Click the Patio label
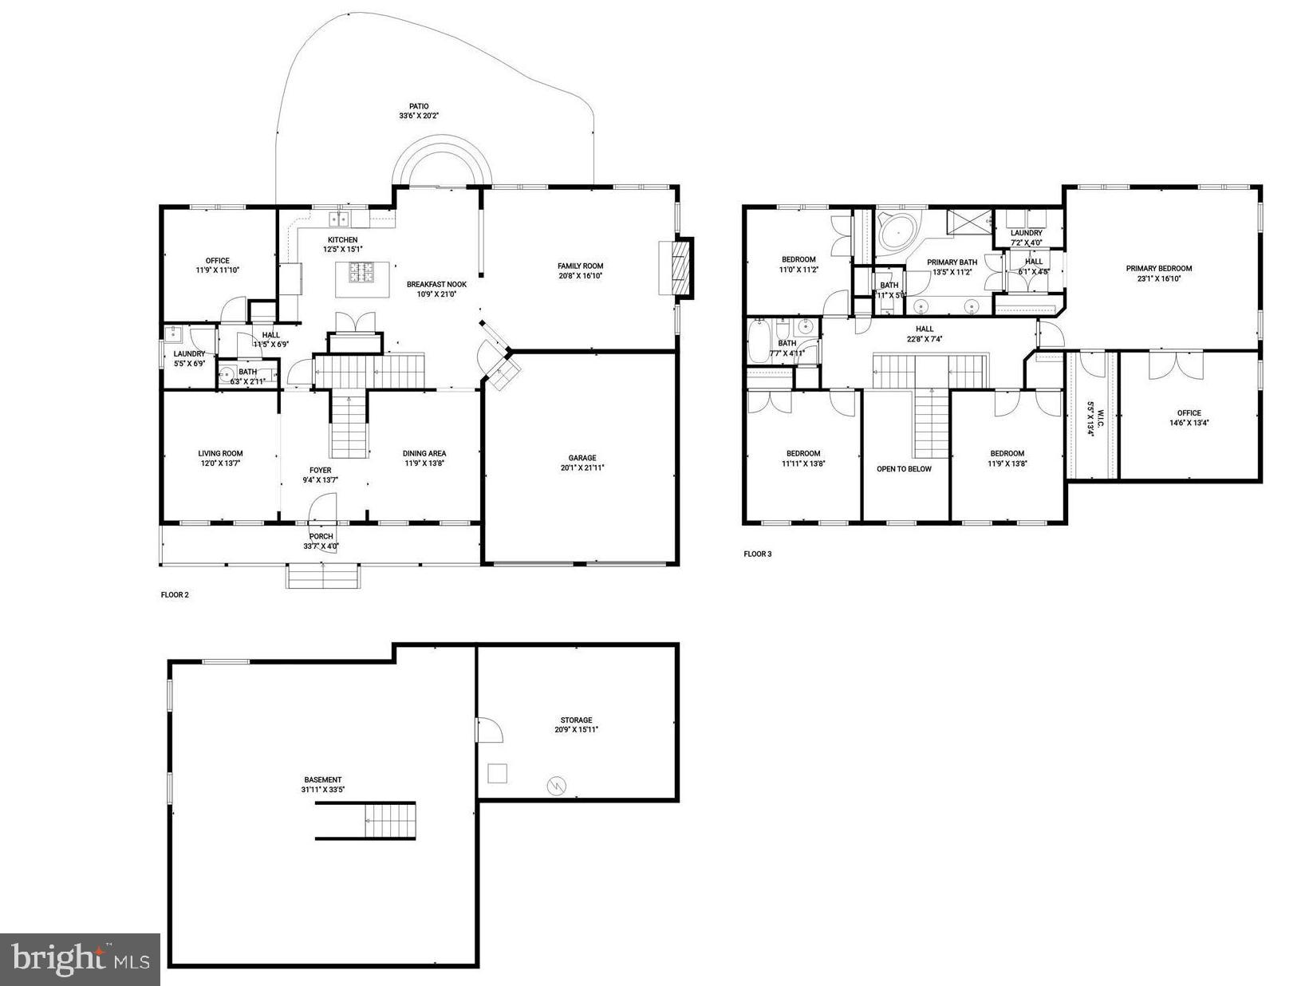[x=419, y=106]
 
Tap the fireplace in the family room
[x=679, y=268]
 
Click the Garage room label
[x=582, y=458]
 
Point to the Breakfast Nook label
[x=436, y=284]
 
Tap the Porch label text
[x=321, y=536]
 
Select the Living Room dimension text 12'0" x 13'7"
[x=220, y=463]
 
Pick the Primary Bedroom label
[x=1158, y=269]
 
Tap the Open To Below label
[x=904, y=469]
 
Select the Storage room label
[x=576, y=720]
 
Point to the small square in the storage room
[x=497, y=773]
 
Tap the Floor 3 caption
[x=758, y=554]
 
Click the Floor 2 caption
[x=175, y=594]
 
